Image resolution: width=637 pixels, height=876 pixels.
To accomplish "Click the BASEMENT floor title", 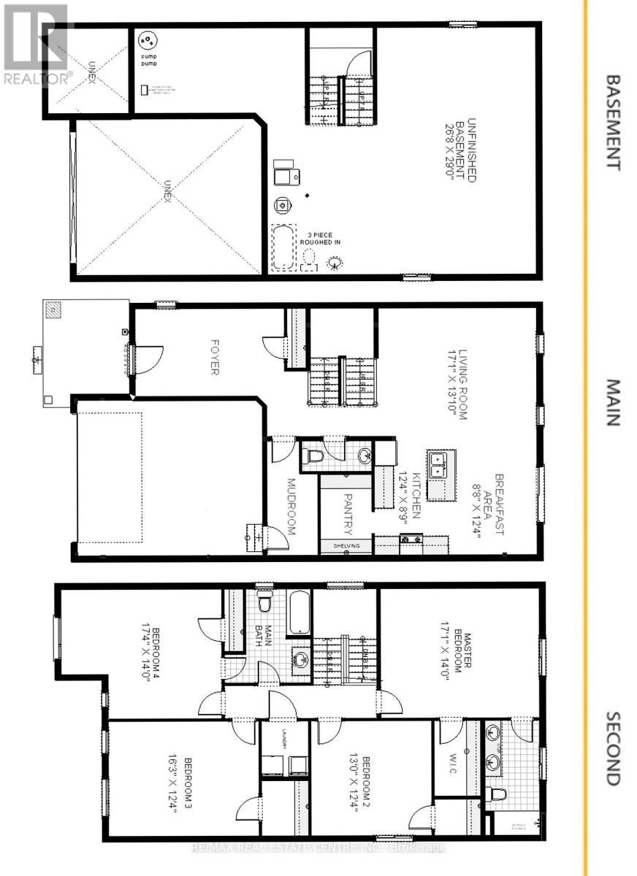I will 612,122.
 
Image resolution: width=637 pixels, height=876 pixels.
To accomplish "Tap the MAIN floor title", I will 612,402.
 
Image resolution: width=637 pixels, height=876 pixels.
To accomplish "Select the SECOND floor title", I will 612,748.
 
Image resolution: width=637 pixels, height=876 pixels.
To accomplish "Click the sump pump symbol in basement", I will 148,39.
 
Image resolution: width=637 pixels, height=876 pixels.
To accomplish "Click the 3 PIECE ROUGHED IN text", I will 319,238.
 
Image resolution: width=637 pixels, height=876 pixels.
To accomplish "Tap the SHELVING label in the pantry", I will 346,545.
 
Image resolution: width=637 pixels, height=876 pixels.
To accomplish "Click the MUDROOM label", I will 290,507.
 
